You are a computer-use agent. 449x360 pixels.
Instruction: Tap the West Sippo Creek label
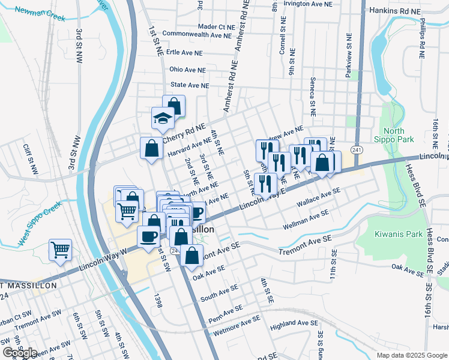40,224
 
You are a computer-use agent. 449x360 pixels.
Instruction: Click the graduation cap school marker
162,119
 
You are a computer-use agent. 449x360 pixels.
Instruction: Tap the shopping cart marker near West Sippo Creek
60,248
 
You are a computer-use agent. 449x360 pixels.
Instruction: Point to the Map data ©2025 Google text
412,355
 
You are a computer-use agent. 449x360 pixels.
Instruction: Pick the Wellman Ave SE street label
306,220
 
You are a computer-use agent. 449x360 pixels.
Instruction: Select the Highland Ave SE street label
294,323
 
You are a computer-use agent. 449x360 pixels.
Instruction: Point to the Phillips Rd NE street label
423,41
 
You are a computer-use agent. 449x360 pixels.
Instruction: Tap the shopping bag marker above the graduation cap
174,106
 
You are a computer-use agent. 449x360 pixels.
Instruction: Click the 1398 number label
158,301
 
